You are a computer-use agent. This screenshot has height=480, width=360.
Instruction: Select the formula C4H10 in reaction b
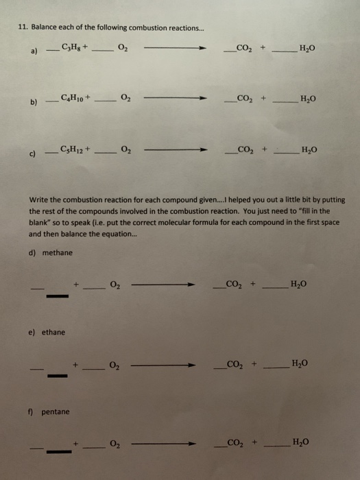pos(72,99)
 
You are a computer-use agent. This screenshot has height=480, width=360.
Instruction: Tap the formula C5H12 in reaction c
pos(72,149)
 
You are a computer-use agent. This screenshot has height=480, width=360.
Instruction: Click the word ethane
pos(53,333)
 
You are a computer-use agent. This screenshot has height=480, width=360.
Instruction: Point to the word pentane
pos(55,412)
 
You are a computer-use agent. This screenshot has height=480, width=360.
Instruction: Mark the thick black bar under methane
pos(58,297)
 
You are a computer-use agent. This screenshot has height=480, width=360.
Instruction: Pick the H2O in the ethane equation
pos(300,363)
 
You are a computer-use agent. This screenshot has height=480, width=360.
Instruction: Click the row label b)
pos(33,104)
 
